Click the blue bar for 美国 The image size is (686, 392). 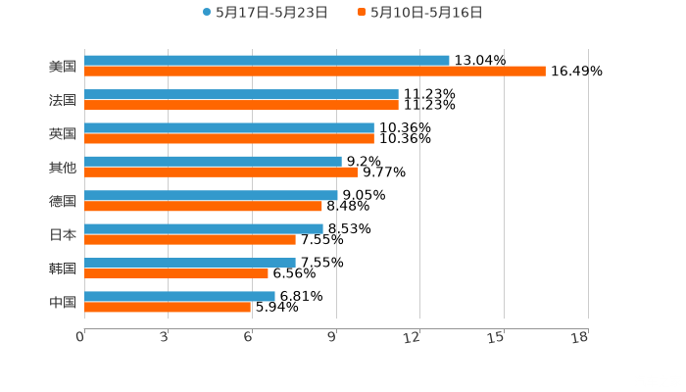pos(267,61)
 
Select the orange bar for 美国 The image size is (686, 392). pos(315,72)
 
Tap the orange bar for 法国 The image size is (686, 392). pos(241,105)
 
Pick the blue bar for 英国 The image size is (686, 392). pos(229,127)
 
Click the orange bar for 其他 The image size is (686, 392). pos(220,172)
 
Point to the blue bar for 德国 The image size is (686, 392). pos(211,195)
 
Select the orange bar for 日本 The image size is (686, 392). pos(190,240)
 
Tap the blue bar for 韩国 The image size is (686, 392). pos(190,263)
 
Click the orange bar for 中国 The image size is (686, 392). pos(168,307)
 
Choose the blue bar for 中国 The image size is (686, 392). pos(179,296)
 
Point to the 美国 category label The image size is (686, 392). pos(63,67)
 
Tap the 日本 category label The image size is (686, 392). pos(63,234)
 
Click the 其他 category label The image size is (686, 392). pos(63,168)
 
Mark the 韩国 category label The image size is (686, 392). pos(63,269)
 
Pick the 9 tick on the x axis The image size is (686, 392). pos(334,337)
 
